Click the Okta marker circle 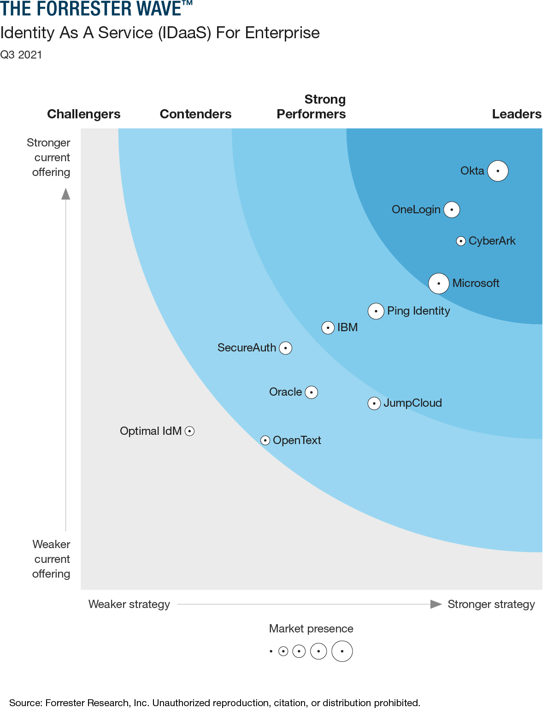tap(498, 171)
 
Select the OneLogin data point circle tap(452, 210)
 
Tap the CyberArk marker tap(461, 241)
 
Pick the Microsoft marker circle tap(439, 283)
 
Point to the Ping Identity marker tap(376, 311)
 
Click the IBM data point tap(328, 328)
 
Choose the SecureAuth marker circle tap(286, 348)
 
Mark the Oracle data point tap(312, 392)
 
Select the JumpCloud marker tap(374, 404)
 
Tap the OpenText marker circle tap(265, 440)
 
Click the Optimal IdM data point tap(189, 431)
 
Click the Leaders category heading tap(517, 114)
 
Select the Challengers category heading tap(84, 114)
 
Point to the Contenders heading tap(195, 114)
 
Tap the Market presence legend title tap(311, 629)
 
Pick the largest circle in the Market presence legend tap(342, 651)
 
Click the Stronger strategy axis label tap(491, 604)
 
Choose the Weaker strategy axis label tap(129, 604)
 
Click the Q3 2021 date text tap(21, 55)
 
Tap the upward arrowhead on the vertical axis tap(66, 194)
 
